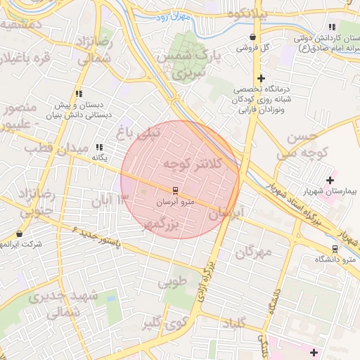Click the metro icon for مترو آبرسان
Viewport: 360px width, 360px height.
[x=174, y=191]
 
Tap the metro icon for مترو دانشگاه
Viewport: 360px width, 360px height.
[x=335, y=249]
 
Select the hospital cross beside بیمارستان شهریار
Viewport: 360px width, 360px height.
[x=330, y=180]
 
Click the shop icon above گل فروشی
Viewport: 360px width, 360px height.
[x=252, y=37]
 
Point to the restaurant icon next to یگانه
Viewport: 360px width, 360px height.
[x=99, y=147]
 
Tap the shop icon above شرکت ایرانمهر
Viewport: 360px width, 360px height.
[x=19, y=233]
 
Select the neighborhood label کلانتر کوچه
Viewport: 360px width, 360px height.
[x=191, y=164]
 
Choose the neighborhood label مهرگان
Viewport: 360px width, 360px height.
[x=253, y=252]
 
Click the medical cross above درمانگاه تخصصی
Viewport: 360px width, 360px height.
[x=261, y=78]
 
